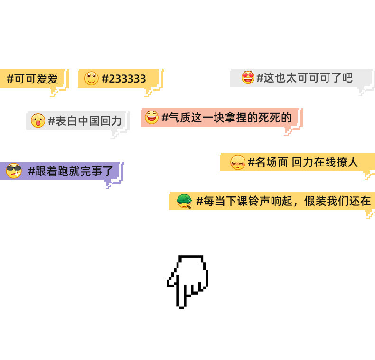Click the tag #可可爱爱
[32, 79]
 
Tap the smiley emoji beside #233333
[91, 78]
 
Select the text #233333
[124, 79]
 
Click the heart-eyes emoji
[248, 77]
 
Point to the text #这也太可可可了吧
[304, 78]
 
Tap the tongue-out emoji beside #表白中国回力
[37, 120]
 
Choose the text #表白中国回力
[85, 121]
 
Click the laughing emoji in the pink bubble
[151, 117]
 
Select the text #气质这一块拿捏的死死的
[226, 117]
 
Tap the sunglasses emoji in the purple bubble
[14, 171]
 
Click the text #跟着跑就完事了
[71, 171]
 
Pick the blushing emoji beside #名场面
[238, 162]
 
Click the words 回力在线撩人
[325, 162]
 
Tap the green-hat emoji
[184, 201]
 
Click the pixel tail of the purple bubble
[111, 184]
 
